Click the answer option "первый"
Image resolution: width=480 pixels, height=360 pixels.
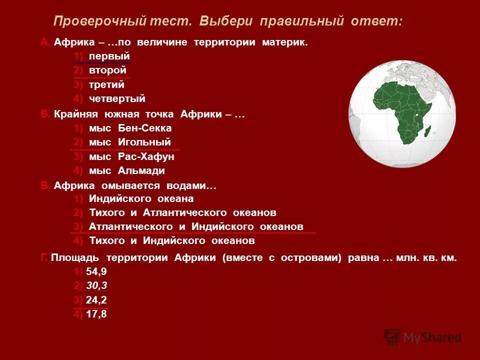point(109,56)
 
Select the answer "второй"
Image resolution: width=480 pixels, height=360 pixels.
point(107,70)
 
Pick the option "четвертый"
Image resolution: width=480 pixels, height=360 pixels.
point(117,99)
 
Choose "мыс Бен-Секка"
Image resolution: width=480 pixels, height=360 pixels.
point(130,128)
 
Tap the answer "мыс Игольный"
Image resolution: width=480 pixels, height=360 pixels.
point(129,142)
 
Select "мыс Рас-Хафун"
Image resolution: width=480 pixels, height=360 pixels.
point(131,156)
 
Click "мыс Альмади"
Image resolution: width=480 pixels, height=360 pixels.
point(126,170)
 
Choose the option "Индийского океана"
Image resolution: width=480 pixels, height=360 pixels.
point(141,198)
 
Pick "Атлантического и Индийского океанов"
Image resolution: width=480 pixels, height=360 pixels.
point(196,226)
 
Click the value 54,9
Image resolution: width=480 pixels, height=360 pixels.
point(96,271)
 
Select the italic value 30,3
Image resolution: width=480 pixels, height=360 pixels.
point(96,285)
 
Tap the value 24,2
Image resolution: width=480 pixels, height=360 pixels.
point(96,300)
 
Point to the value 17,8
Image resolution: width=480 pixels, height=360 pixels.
point(96,314)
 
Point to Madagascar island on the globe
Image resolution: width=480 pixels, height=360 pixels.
point(426,131)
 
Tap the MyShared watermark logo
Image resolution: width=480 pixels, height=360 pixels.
point(422,337)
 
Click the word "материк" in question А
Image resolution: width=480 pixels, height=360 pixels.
point(284,42)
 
